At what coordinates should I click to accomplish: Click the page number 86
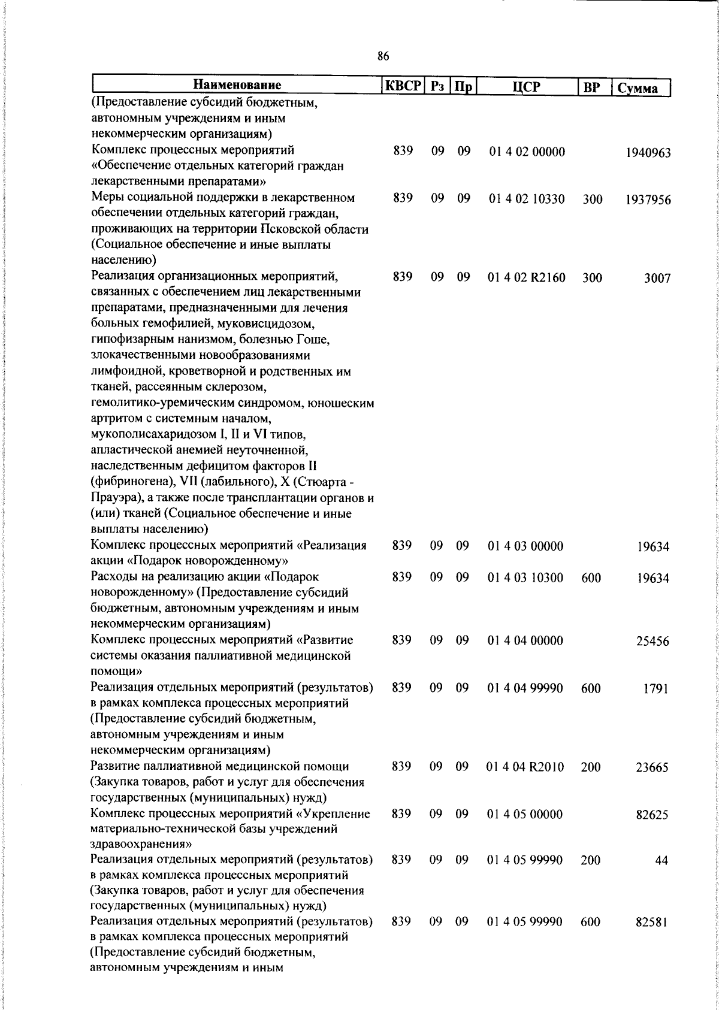coord(383,57)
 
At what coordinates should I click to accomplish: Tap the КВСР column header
coord(403,86)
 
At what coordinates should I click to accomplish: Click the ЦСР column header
coord(526,87)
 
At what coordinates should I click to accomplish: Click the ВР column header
coord(592,87)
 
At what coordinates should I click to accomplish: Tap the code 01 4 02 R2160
coord(527,278)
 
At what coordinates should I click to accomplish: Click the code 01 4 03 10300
coord(525,578)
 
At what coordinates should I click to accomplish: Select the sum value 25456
coord(652,642)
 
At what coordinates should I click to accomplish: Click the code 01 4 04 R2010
coord(525,767)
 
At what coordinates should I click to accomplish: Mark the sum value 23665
coord(652,767)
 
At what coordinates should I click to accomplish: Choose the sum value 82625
coord(652,815)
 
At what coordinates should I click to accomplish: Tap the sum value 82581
coord(652,939)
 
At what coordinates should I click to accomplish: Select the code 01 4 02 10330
coord(526,199)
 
